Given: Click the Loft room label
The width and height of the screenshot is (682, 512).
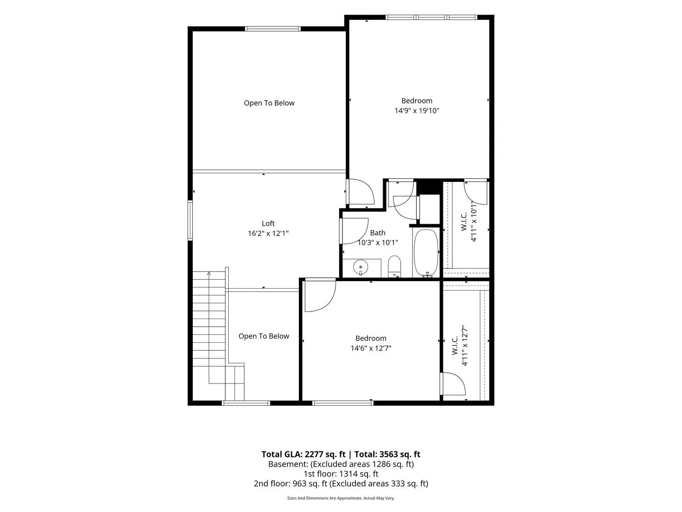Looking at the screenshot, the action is [268, 223].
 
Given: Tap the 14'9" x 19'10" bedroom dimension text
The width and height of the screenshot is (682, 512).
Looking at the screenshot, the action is [417, 110].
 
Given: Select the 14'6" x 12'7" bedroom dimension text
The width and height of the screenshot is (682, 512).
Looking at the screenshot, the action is [371, 348].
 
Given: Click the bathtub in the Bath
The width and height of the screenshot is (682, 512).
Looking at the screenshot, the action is [426, 253].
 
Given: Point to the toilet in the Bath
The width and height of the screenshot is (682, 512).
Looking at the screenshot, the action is [395, 266].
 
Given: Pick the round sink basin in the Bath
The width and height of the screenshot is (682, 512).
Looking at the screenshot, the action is [360, 267].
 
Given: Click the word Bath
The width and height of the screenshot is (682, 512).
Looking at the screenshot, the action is [377, 233].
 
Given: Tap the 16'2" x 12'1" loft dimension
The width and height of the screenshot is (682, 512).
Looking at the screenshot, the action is [268, 233].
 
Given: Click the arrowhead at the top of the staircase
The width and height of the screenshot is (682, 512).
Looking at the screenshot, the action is [209, 273].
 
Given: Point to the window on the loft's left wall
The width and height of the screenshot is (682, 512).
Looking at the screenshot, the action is [190, 220].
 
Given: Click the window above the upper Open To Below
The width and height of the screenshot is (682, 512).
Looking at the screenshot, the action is [273, 29].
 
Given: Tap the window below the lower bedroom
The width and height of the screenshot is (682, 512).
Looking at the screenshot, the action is [343, 403].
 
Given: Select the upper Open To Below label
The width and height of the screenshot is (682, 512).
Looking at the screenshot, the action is [269, 103].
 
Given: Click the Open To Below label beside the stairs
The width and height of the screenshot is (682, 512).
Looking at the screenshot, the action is [264, 336].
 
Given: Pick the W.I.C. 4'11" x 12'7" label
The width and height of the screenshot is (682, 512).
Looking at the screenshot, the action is [459, 346].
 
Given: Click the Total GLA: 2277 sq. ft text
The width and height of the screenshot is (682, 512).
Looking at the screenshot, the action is [303, 455].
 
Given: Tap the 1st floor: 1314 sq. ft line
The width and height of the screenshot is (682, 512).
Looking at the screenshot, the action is [341, 474].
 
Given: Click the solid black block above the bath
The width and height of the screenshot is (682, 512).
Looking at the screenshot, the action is [429, 187].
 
